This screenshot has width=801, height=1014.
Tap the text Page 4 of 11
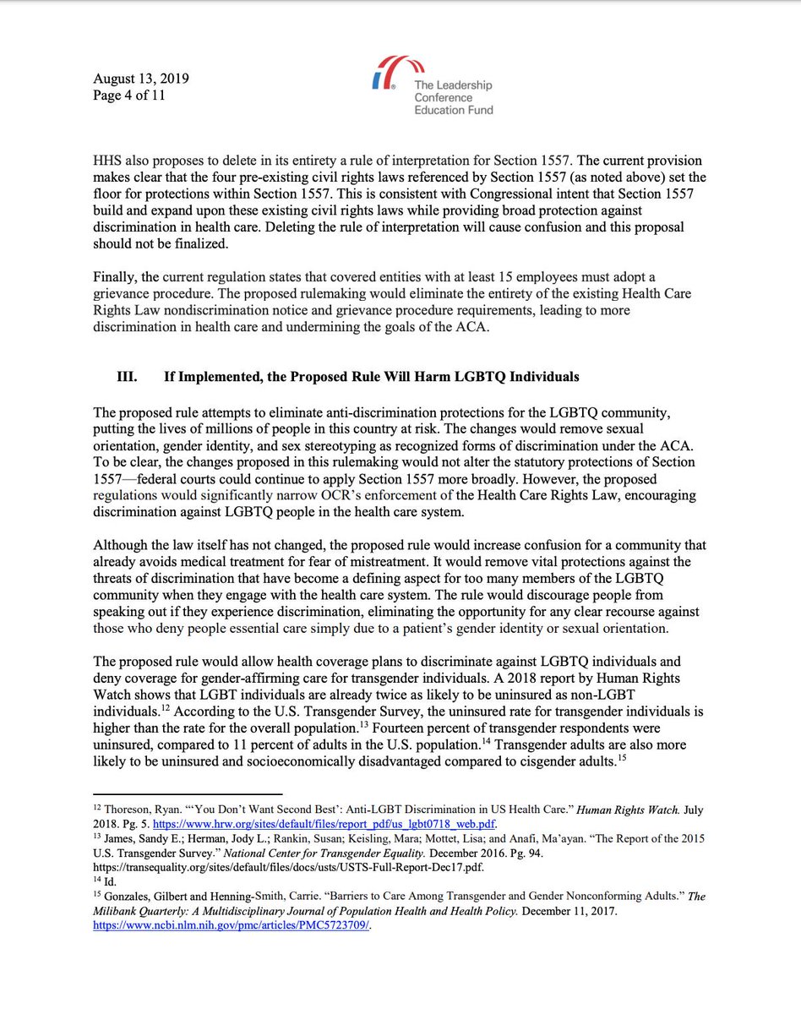(x=129, y=95)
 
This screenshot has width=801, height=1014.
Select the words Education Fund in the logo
(x=453, y=110)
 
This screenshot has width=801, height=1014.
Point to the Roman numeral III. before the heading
(x=128, y=376)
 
